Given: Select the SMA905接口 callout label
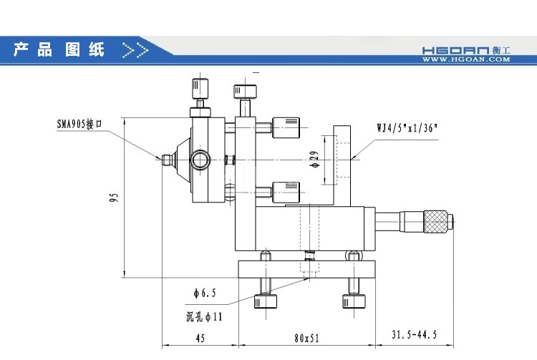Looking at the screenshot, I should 81,124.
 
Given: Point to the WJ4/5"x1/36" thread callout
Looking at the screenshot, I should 407,129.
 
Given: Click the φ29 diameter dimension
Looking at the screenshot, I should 314,160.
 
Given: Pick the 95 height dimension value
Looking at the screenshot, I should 114,197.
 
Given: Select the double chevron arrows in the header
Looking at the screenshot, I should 135,50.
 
